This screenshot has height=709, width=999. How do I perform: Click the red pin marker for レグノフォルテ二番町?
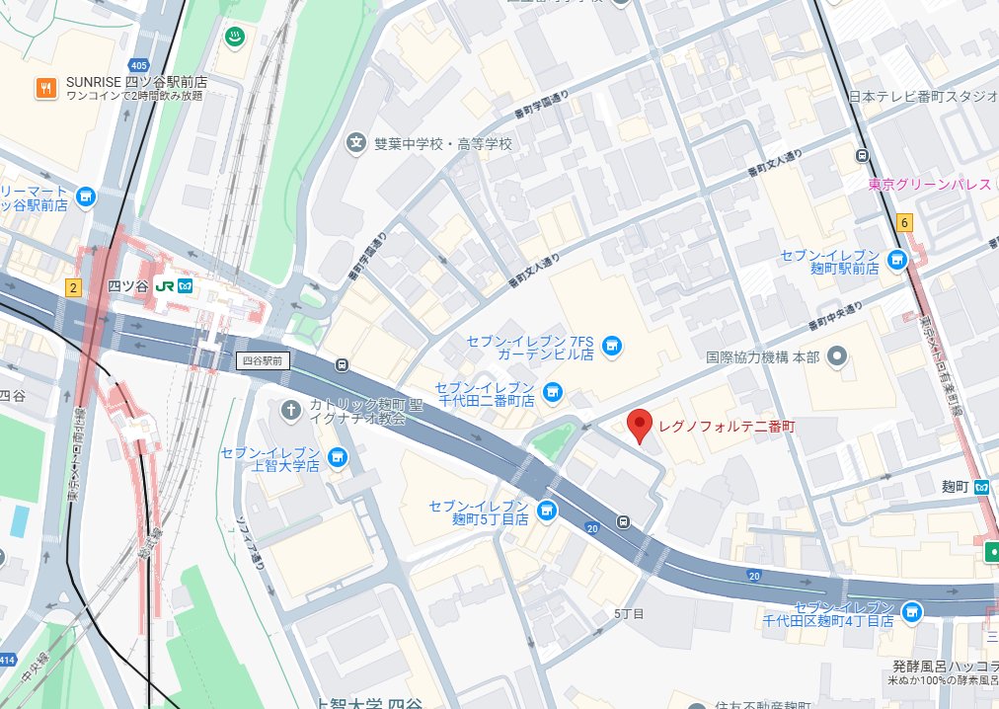pos(641,426)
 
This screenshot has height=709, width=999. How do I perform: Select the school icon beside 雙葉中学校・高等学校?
pos(355,144)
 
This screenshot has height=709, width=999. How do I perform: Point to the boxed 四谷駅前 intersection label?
pos(264,361)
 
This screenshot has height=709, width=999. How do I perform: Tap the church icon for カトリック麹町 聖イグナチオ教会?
pos(291,409)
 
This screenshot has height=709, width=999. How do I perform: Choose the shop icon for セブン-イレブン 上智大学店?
pos(338,457)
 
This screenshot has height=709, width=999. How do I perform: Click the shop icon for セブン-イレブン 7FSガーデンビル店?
pos(612,346)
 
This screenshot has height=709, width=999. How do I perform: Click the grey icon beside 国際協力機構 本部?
pos(838,356)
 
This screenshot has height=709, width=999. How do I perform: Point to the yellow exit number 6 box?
pos(905,222)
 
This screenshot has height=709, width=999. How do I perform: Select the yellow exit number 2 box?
pos(72,287)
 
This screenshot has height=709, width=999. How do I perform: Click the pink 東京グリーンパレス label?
pos(929,185)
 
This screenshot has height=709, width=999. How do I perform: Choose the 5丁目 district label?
pos(629,613)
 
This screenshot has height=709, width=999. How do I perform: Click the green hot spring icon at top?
pos(236,36)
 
